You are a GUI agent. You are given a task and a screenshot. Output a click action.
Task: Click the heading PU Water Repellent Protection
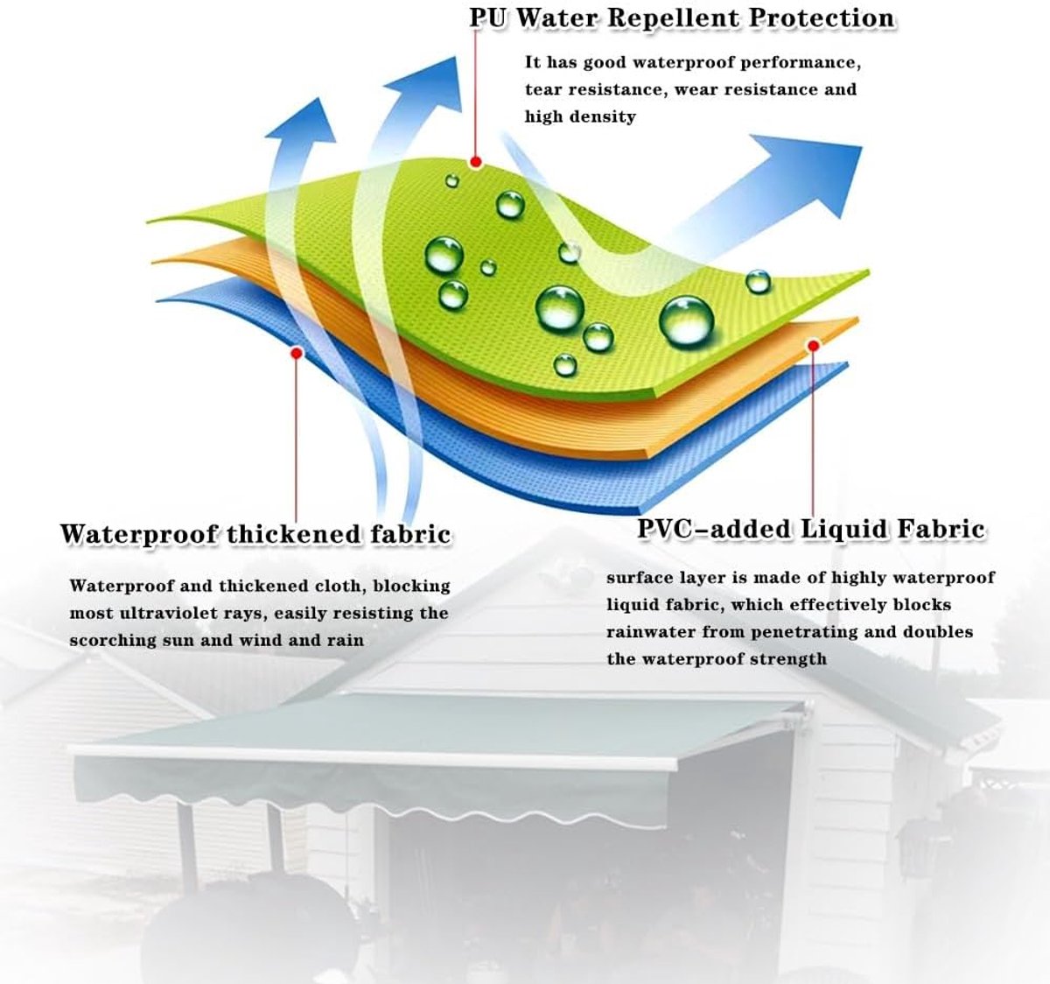pos(682,18)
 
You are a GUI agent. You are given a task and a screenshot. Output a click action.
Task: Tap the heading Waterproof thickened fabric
pos(255,533)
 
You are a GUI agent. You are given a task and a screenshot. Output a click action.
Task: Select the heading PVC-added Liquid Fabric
pos(811,529)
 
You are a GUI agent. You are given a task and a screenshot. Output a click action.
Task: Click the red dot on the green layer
pos(475,162)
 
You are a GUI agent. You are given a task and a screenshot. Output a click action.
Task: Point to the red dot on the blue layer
pos(297,353)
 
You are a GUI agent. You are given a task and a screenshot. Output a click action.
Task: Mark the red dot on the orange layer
pos(813,346)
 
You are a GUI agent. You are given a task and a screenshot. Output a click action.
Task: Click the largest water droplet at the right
pos(686,321)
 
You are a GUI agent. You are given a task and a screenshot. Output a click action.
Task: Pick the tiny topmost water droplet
pos(452,181)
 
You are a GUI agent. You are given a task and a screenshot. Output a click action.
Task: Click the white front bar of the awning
pos(374,757)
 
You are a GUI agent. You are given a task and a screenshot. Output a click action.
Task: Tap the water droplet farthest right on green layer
pos(758,281)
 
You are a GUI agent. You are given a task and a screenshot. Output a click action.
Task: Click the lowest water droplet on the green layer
pos(565,364)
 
